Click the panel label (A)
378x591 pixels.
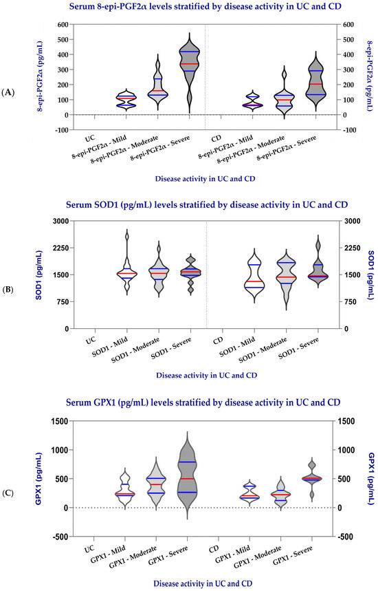[x=8, y=92]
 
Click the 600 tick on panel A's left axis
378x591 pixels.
[x=63, y=25]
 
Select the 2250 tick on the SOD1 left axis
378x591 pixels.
[x=61, y=248]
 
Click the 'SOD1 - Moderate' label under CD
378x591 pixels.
[x=263, y=350]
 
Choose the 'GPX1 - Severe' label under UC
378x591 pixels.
[x=168, y=556]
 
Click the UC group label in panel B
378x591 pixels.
[x=91, y=341]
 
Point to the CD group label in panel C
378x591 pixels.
[x=214, y=549]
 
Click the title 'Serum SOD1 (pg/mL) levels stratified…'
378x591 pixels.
[x=207, y=206]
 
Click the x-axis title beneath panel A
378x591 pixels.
[x=205, y=179]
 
